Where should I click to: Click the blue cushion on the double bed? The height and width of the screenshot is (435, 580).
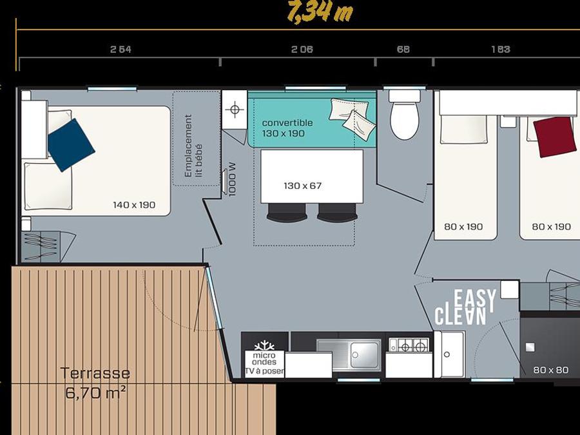72,145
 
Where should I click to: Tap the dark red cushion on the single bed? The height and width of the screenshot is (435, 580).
555,137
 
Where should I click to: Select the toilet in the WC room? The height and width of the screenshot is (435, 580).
405,115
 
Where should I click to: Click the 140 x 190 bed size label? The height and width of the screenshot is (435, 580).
134,205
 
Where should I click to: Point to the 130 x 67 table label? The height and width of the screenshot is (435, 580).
303,186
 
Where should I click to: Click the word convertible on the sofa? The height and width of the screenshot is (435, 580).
287,123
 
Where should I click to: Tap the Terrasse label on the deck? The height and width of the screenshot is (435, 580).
95,373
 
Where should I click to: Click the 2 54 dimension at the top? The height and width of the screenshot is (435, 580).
121,49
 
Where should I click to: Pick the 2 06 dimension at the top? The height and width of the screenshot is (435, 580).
302,49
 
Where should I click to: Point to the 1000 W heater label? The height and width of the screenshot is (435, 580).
232,180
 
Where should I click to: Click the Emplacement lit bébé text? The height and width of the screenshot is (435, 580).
193,146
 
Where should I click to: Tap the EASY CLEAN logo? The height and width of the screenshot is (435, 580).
465,307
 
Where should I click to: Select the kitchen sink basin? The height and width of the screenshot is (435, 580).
365,355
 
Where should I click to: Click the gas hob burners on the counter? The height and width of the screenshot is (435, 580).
409,345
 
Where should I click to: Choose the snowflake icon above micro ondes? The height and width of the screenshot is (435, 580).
264,346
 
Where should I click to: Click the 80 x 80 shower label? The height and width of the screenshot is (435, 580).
551,370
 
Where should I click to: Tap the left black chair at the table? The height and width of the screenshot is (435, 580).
287,213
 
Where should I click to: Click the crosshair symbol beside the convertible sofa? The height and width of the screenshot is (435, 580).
235,110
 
